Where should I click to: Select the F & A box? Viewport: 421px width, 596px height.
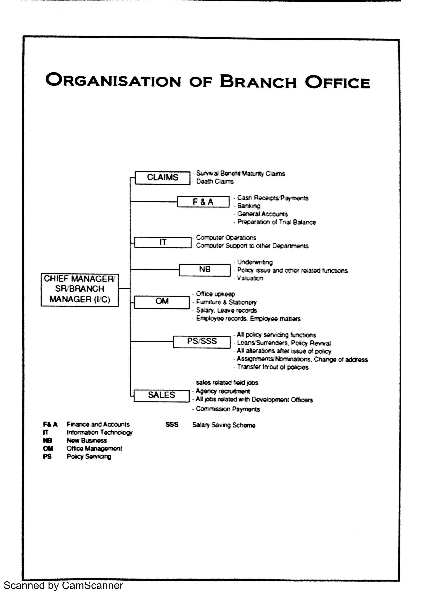click(203, 202)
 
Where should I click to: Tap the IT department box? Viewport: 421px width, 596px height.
click(163, 242)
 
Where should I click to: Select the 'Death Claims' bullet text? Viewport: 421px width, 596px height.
click(215, 181)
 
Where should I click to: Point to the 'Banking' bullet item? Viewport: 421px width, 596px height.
click(249, 206)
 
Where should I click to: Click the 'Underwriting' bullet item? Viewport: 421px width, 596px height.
click(255, 262)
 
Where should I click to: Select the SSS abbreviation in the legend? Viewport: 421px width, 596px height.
click(172, 425)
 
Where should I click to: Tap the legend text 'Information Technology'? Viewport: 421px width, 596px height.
click(99, 433)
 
